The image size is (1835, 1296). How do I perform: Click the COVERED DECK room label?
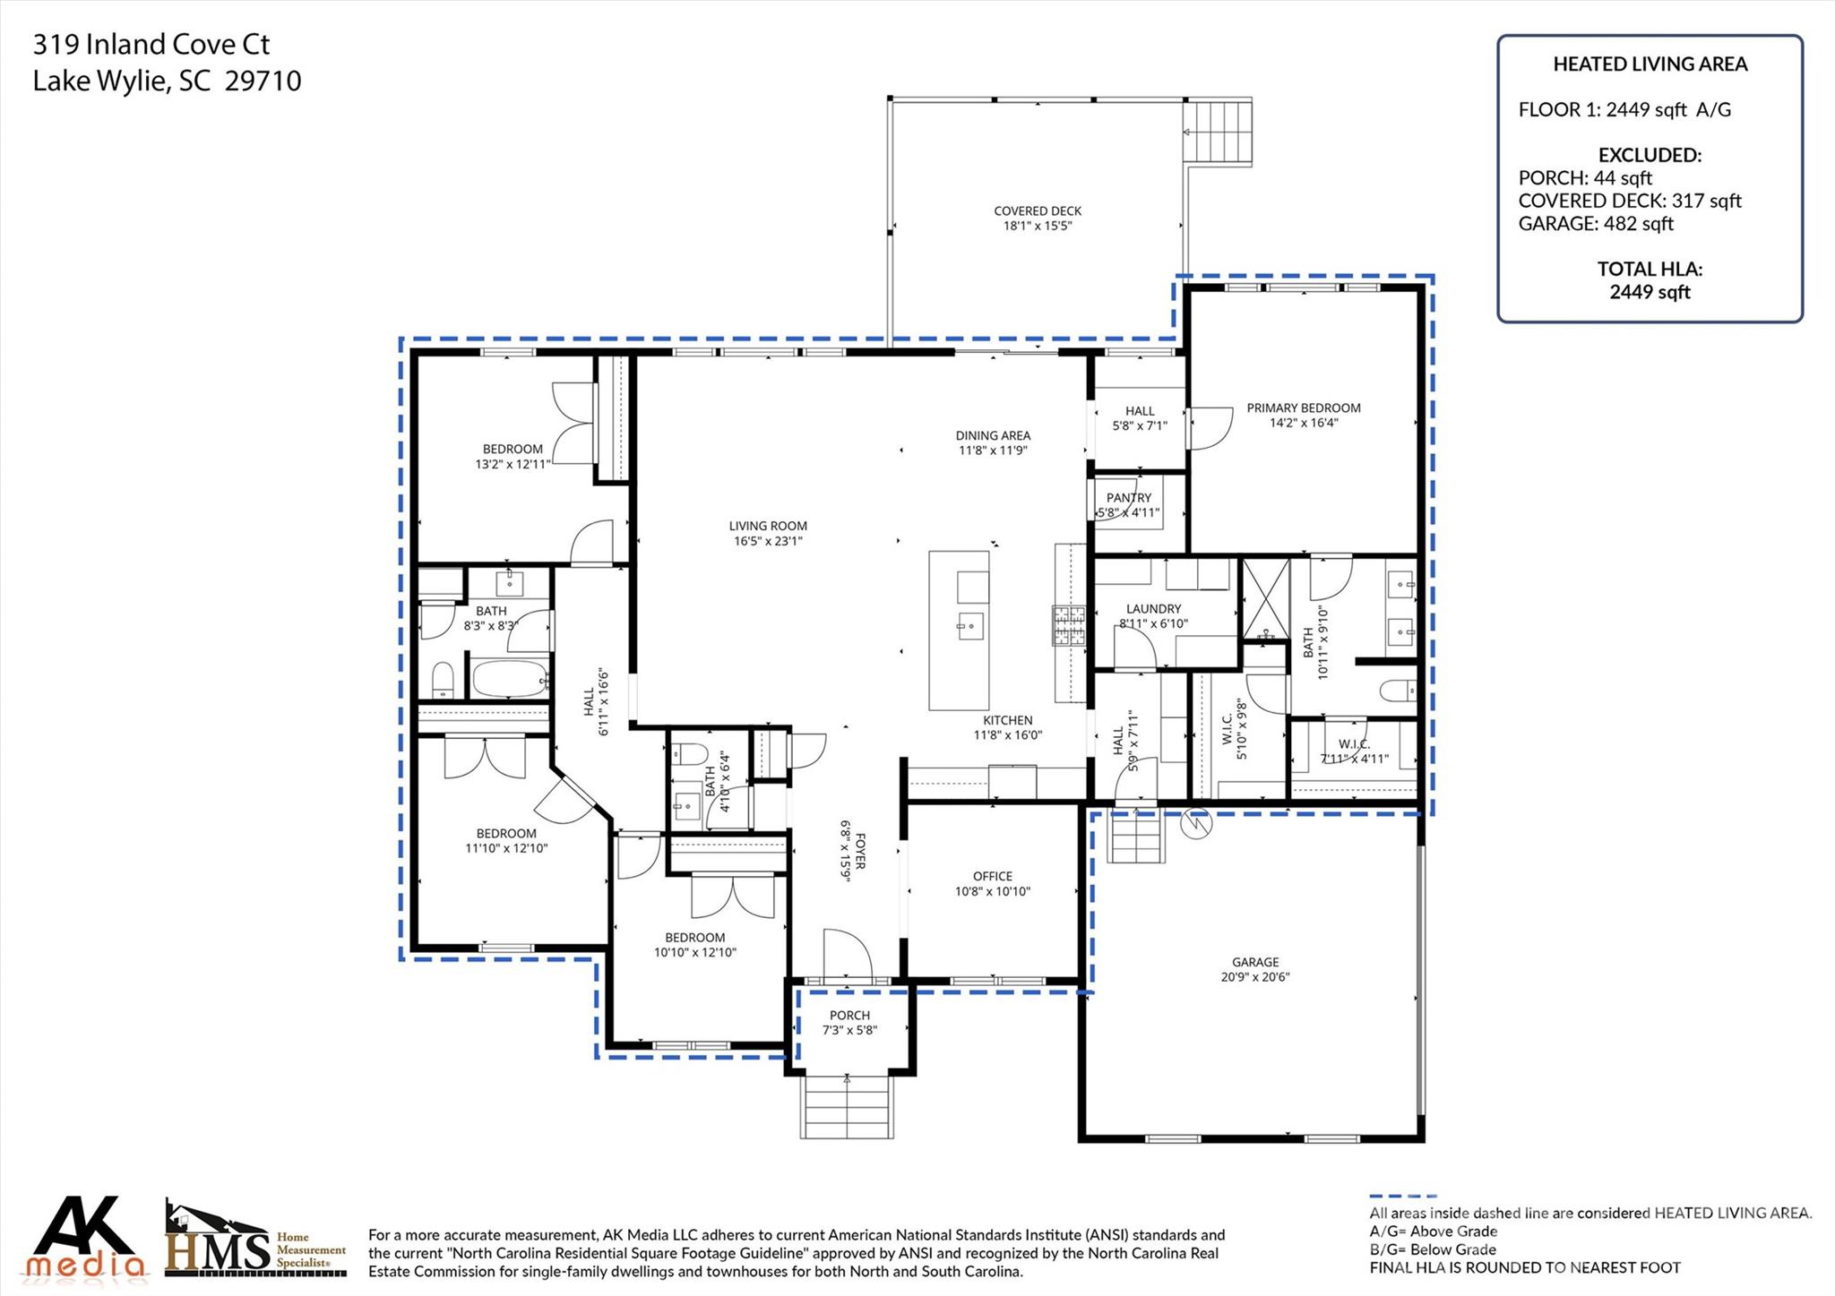pyautogui.click(x=1037, y=211)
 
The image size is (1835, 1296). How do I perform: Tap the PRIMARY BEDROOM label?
pyautogui.click(x=1303, y=408)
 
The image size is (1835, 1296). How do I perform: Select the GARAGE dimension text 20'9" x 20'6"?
pyautogui.click(x=1254, y=977)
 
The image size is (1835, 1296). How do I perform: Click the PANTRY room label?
pyautogui.click(x=1128, y=498)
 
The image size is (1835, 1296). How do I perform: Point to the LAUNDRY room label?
pyautogui.click(x=1153, y=609)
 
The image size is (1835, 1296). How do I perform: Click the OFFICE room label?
pyautogui.click(x=992, y=877)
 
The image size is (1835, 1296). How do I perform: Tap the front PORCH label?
pyautogui.click(x=849, y=1016)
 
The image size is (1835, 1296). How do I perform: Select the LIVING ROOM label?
pyautogui.click(x=767, y=527)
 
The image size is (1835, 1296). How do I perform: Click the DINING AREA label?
pyautogui.click(x=992, y=436)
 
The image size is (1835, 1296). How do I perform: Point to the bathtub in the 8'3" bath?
pyautogui.click(x=509, y=679)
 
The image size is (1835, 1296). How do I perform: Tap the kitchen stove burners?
pyautogui.click(x=1068, y=625)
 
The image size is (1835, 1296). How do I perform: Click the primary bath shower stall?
pyautogui.click(x=1264, y=597)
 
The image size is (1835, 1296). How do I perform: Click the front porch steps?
pyautogui.click(x=847, y=1105)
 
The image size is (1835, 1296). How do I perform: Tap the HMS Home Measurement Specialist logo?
pyautogui.click(x=254, y=1241)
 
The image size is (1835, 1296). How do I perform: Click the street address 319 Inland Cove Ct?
pyautogui.click(x=151, y=45)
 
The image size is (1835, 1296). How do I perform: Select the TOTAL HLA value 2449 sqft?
pyautogui.click(x=1649, y=292)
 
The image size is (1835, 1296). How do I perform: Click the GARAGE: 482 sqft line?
pyautogui.click(x=1595, y=224)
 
